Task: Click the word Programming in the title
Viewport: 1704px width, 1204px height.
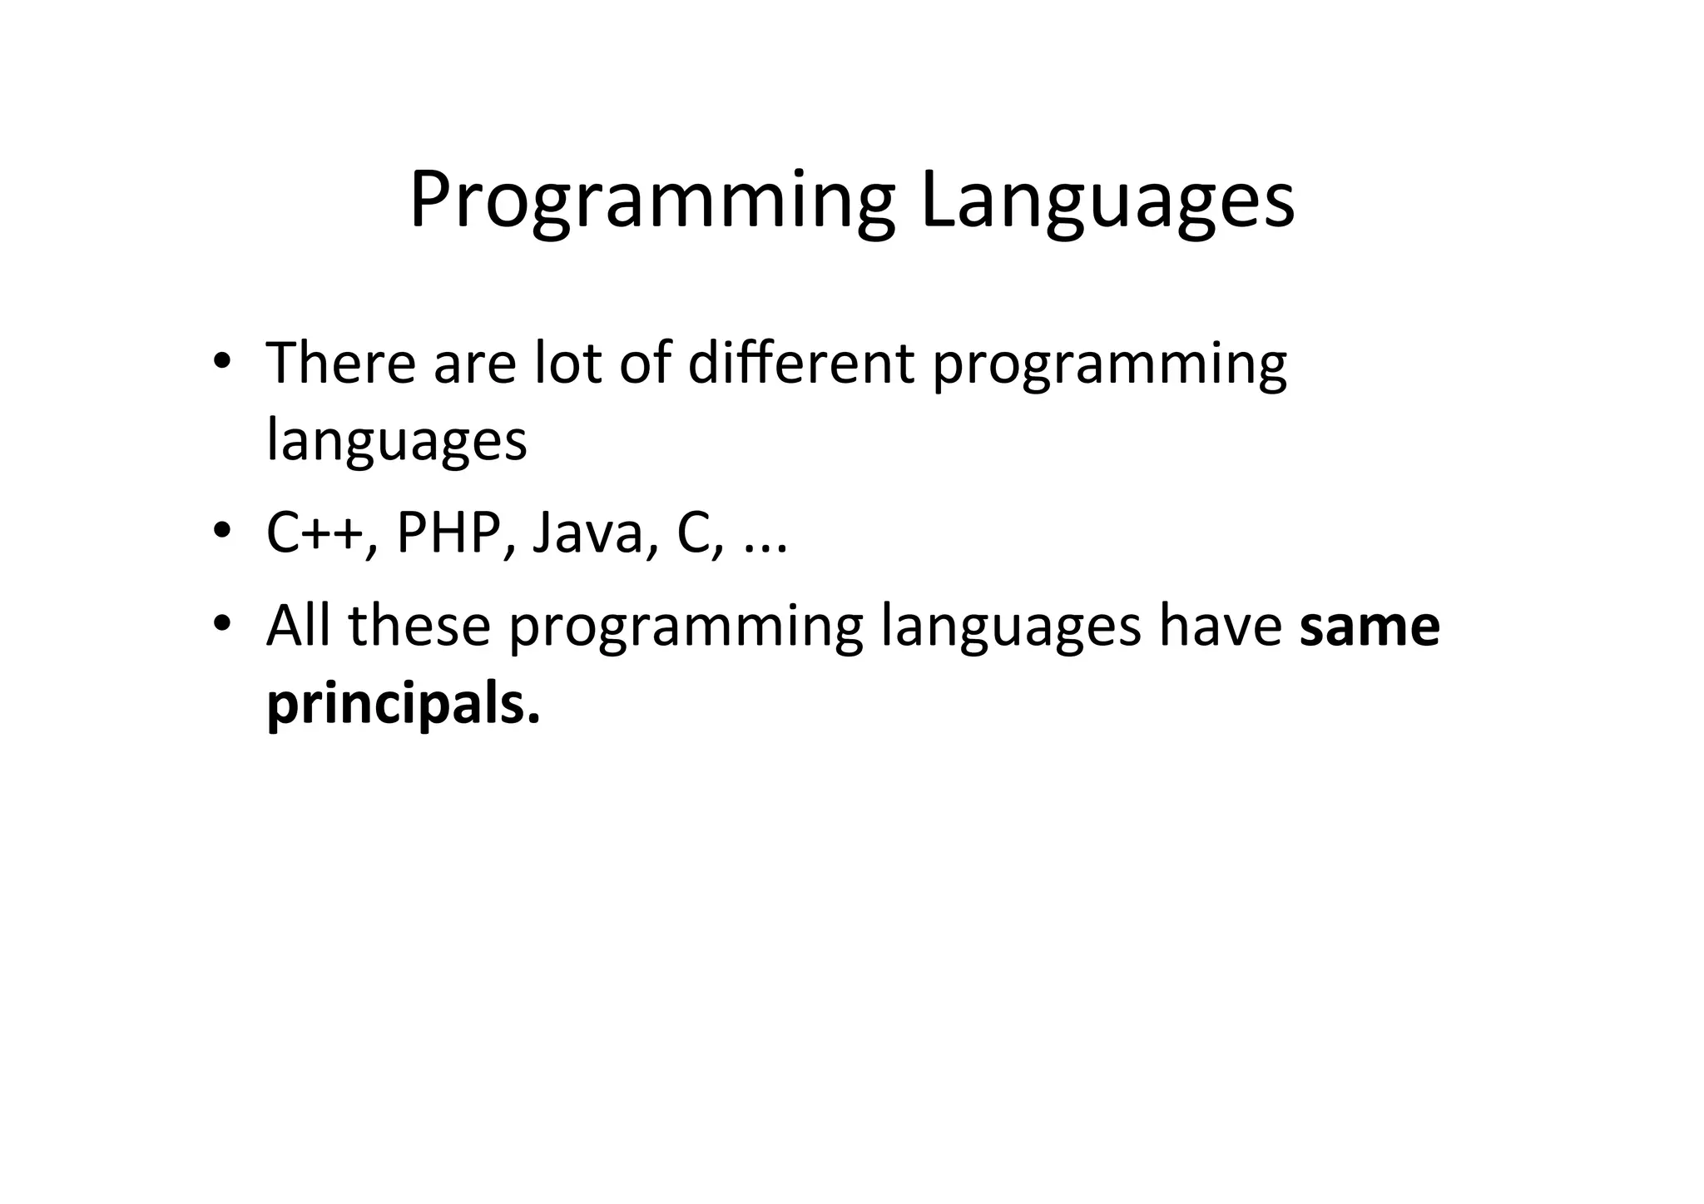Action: pyautogui.click(x=651, y=201)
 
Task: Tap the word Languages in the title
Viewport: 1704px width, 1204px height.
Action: pyautogui.click(x=1107, y=201)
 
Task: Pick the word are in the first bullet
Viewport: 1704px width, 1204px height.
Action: pyautogui.click(x=474, y=364)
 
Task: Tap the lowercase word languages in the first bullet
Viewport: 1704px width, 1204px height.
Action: pyautogui.click(x=396, y=440)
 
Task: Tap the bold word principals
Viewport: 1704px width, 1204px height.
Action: pyautogui.click(x=403, y=704)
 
